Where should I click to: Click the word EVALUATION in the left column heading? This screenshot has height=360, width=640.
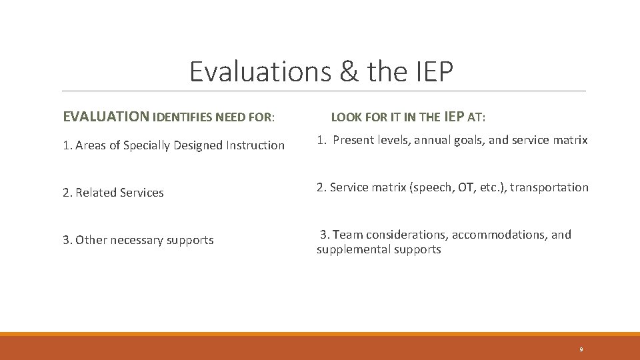pyautogui.click(x=106, y=117)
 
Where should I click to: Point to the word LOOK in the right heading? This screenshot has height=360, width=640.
pyautogui.click(x=346, y=118)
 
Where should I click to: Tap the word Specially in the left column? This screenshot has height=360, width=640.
pyautogui.click(x=148, y=145)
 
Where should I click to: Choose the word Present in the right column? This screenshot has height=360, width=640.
pyautogui.click(x=354, y=140)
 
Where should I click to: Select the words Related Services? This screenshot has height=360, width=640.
pyautogui.click(x=119, y=193)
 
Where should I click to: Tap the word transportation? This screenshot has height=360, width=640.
pyautogui.click(x=549, y=188)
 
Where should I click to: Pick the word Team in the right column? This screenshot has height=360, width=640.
pyautogui.click(x=346, y=235)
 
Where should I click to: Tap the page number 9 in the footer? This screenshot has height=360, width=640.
pyautogui.click(x=581, y=349)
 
